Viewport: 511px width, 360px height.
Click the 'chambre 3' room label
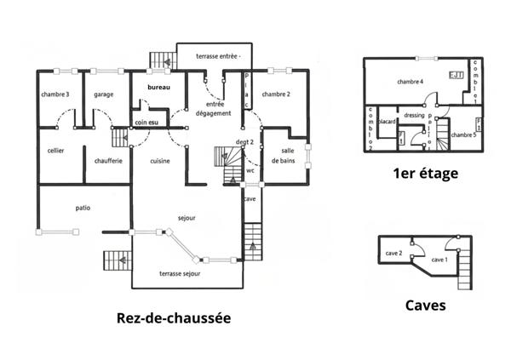click(55, 94)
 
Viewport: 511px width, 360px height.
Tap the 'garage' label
click(104, 94)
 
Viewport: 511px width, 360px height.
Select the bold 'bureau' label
click(158, 88)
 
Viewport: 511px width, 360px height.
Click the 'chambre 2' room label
click(277, 94)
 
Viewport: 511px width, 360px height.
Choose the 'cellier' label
click(56, 151)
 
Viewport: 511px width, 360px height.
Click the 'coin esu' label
click(146, 123)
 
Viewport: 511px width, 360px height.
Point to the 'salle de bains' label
click(282, 155)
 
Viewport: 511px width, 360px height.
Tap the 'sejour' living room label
click(187, 218)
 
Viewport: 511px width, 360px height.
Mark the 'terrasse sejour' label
click(179, 274)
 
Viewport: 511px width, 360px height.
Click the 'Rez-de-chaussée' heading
click(173, 318)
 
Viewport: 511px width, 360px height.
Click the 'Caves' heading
click(423, 303)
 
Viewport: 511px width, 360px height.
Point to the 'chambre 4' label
click(410, 82)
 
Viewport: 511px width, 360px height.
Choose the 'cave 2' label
click(393, 253)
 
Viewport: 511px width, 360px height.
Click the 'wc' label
click(251, 169)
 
